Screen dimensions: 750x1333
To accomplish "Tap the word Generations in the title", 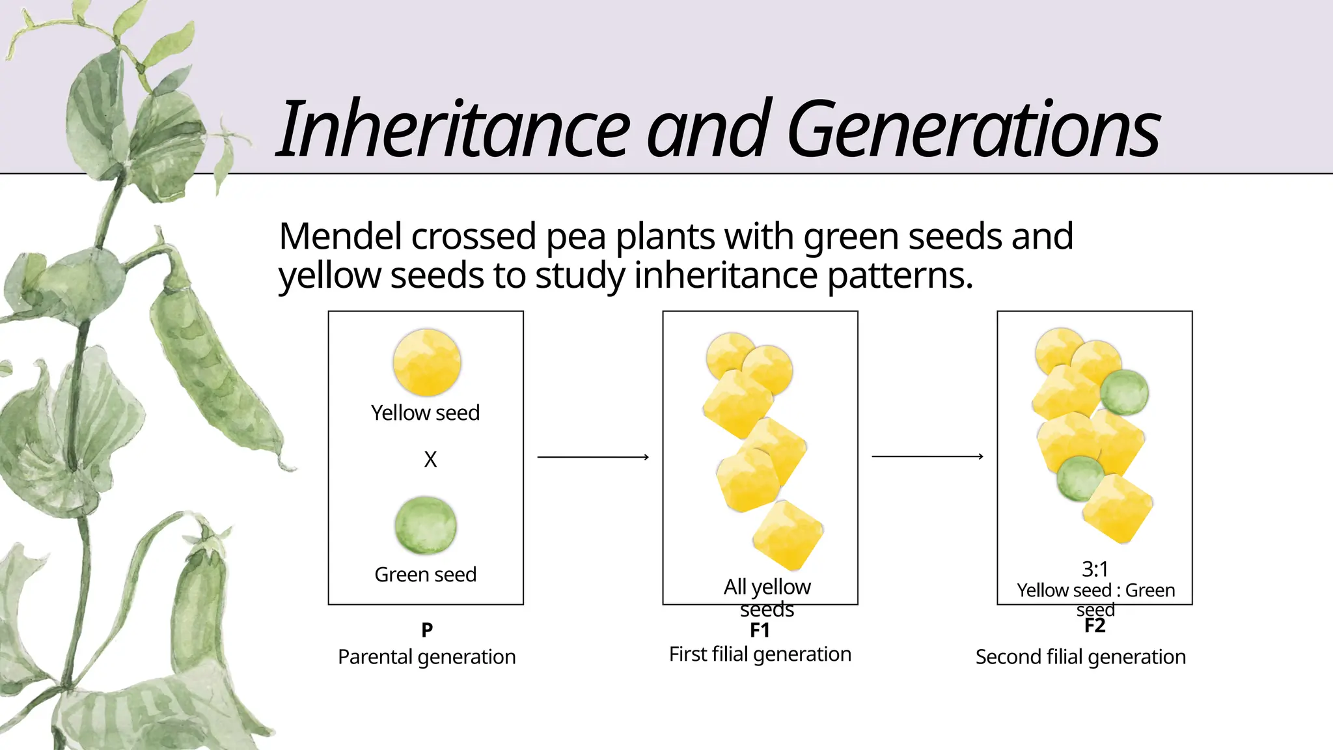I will (x=973, y=129).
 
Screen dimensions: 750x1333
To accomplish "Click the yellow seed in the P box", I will (x=426, y=363).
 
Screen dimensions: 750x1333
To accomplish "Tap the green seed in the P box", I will (x=426, y=525).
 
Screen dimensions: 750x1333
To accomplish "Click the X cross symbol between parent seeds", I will (x=430, y=460).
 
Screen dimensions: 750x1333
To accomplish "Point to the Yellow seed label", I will (x=425, y=413).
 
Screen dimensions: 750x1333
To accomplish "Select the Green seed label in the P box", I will (x=425, y=574).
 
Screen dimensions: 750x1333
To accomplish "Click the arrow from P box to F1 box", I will (x=593, y=457).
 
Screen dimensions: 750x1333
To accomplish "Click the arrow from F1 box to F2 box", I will (x=928, y=456).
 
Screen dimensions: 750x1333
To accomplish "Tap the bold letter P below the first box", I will (x=427, y=630).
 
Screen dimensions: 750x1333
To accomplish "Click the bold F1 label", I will (x=760, y=630).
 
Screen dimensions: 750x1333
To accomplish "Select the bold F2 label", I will (x=1095, y=626).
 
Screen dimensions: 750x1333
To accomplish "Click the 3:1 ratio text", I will (x=1095, y=569).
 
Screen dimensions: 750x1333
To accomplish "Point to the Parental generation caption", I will (x=426, y=657).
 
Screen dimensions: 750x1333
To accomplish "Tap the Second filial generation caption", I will (x=1080, y=657).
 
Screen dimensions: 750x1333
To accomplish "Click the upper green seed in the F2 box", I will (x=1125, y=392).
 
